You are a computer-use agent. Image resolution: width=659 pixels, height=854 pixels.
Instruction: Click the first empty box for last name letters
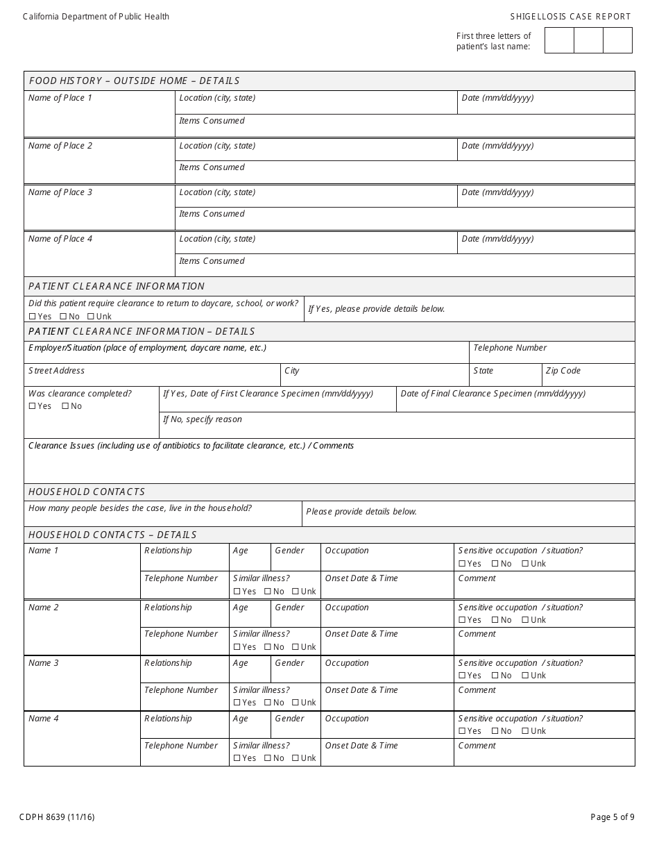tap(559, 40)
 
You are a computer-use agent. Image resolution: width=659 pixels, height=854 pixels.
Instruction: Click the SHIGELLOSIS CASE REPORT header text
tap(570, 17)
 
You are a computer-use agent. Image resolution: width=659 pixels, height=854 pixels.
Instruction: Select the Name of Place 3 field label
tap(60, 192)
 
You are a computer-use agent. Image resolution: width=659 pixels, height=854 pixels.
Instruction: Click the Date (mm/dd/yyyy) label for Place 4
tap(497, 239)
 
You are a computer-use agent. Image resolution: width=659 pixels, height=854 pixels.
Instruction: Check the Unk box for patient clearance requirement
tap(90, 317)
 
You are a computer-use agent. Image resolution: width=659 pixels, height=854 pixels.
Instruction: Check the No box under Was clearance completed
tap(65, 406)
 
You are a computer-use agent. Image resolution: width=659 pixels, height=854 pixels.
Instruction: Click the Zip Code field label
tap(563, 371)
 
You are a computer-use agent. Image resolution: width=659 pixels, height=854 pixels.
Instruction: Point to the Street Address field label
tap(56, 371)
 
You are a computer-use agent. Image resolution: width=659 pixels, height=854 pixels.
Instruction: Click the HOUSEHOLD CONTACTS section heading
tap(87, 492)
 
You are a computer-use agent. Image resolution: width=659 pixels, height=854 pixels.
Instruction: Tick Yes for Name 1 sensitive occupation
tap(462, 564)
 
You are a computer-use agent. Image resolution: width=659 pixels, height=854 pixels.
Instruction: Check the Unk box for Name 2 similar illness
tap(296, 647)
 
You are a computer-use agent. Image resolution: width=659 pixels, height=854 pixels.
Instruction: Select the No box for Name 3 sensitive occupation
tap(495, 676)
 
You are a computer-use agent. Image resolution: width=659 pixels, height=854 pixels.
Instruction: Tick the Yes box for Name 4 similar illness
tap(237, 758)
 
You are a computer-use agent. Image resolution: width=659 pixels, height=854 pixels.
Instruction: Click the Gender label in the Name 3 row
tap(289, 663)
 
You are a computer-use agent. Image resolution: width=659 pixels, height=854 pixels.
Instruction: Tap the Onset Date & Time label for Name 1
tap(361, 578)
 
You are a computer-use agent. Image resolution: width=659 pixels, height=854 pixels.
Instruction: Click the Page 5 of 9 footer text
tap(612, 817)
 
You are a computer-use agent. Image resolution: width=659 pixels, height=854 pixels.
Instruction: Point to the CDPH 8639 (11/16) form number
tap(58, 817)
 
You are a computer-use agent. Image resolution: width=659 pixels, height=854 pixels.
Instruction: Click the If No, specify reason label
tap(203, 419)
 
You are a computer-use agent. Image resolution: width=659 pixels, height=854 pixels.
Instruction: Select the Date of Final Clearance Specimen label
tap(493, 394)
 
